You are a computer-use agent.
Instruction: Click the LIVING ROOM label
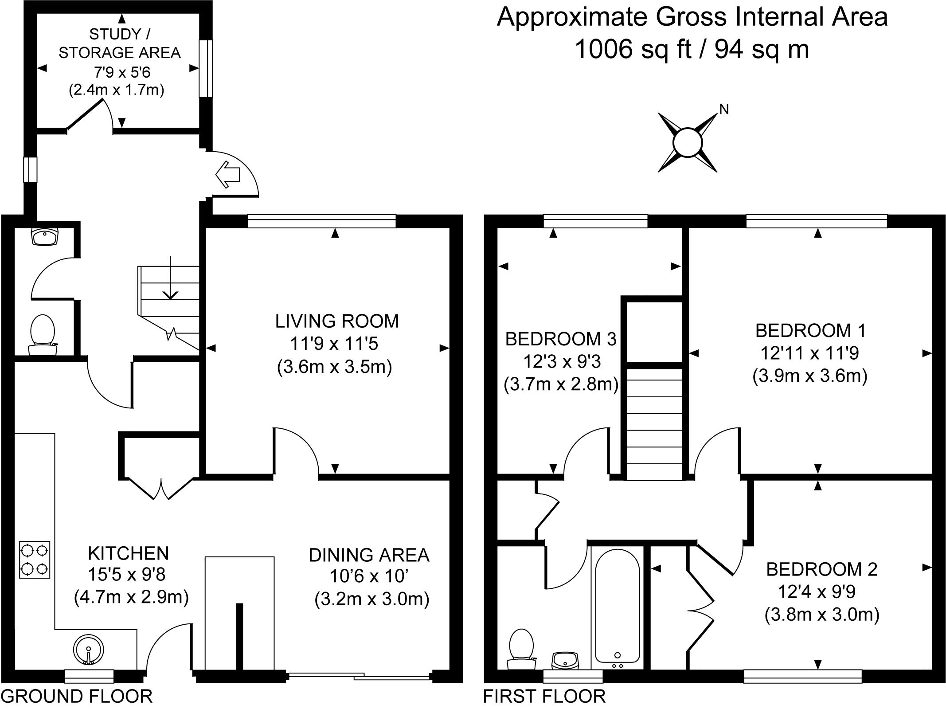(x=337, y=321)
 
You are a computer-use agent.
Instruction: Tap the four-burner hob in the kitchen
(x=35, y=560)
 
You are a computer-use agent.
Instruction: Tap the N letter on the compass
(x=723, y=110)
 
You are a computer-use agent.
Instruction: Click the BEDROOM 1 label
(x=810, y=331)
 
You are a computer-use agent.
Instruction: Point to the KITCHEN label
(x=129, y=553)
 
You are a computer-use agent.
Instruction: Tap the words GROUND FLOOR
(x=77, y=697)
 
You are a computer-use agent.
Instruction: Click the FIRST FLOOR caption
(x=544, y=697)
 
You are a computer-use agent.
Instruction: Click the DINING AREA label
(x=369, y=556)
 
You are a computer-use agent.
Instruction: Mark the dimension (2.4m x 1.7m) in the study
(x=117, y=90)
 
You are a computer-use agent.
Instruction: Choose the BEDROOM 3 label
(x=561, y=339)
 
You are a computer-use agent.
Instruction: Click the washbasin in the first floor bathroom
(x=565, y=660)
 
